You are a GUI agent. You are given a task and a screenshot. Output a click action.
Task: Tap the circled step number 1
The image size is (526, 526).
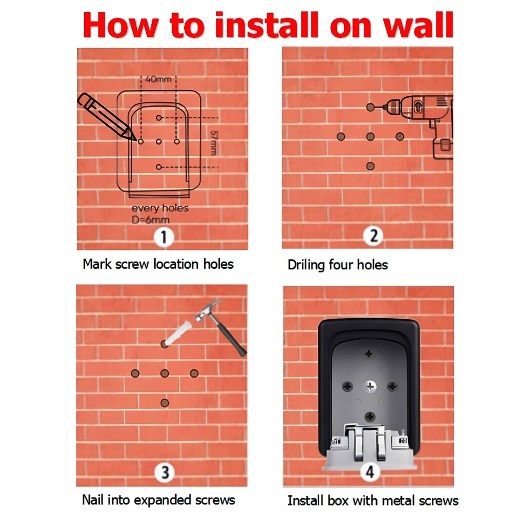(164, 238)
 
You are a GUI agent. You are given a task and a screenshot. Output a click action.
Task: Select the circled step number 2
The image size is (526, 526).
(373, 236)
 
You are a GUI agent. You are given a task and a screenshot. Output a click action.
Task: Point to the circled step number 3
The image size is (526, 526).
(164, 472)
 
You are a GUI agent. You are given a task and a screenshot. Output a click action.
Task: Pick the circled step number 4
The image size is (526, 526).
(370, 472)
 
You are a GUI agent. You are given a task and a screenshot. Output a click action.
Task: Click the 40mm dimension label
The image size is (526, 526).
(158, 79)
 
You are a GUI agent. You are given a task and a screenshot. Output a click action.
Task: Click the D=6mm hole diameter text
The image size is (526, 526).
(150, 220)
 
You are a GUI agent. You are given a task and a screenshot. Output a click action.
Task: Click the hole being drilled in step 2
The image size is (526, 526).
(370, 107)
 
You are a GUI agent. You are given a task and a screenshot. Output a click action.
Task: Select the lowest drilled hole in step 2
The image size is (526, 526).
(370, 166)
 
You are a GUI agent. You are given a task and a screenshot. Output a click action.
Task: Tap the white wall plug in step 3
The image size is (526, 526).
(177, 333)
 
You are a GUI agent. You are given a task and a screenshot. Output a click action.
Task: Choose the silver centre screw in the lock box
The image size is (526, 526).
(370, 387)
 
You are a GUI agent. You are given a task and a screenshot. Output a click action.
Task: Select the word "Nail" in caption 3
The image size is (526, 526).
(93, 500)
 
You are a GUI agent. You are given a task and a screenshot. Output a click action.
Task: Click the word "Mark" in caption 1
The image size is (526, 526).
(97, 264)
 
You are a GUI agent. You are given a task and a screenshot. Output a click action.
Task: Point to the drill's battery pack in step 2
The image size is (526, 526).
(443, 148)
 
